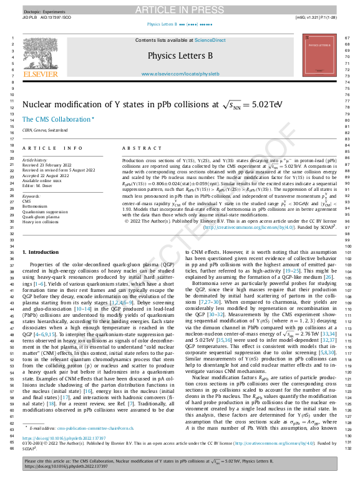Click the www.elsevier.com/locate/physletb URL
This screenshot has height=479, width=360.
(x=179, y=73)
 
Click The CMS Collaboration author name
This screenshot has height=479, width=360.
(x=56, y=119)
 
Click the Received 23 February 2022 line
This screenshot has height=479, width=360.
(x=49, y=165)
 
